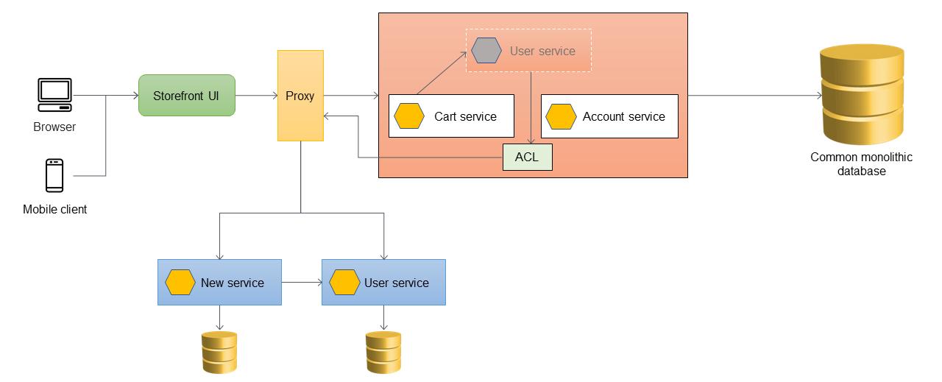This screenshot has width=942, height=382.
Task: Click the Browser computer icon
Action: click(54, 95)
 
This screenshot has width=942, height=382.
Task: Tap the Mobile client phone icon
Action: click(54, 175)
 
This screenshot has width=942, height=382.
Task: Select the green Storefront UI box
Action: click(187, 95)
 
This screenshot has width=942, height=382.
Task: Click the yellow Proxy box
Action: click(300, 96)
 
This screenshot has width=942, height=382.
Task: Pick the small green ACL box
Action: click(527, 158)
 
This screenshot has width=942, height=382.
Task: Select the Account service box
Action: click(609, 116)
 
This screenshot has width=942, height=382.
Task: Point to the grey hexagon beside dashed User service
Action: click(486, 51)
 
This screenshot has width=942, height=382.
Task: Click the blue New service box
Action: click(219, 282)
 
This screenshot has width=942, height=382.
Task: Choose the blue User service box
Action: click(383, 282)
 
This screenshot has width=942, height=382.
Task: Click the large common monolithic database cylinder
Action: click(862, 94)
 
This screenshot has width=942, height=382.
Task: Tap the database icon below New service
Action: click(219, 352)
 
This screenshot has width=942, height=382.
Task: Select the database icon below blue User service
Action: click(383, 352)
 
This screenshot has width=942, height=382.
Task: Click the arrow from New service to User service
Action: click(302, 282)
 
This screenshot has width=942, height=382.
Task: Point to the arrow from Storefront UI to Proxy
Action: click(256, 96)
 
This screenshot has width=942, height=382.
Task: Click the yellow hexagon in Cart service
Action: click(409, 116)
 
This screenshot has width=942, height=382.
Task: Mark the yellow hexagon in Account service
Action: click(561, 116)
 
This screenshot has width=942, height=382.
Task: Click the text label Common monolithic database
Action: click(851, 164)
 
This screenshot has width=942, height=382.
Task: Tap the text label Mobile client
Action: click(54, 210)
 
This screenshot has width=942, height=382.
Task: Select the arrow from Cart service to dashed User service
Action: click(442, 73)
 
